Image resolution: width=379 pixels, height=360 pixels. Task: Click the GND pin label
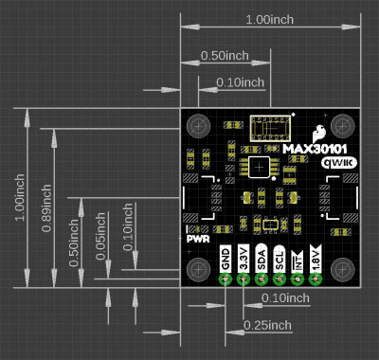(226, 258)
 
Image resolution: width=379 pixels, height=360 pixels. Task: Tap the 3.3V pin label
(244, 258)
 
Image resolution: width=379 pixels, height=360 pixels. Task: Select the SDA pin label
(262, 258)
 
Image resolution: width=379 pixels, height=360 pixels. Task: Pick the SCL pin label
(280, 258)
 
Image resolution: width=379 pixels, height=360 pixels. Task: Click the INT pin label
(298, 261)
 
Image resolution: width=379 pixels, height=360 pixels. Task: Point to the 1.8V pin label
(316, 258)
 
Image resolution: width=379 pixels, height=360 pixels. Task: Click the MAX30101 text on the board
(315, 149)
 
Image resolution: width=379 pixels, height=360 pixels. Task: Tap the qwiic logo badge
(339, 163)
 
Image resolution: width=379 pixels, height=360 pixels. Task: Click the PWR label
(198, 239)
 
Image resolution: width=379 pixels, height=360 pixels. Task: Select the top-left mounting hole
(198, 126)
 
